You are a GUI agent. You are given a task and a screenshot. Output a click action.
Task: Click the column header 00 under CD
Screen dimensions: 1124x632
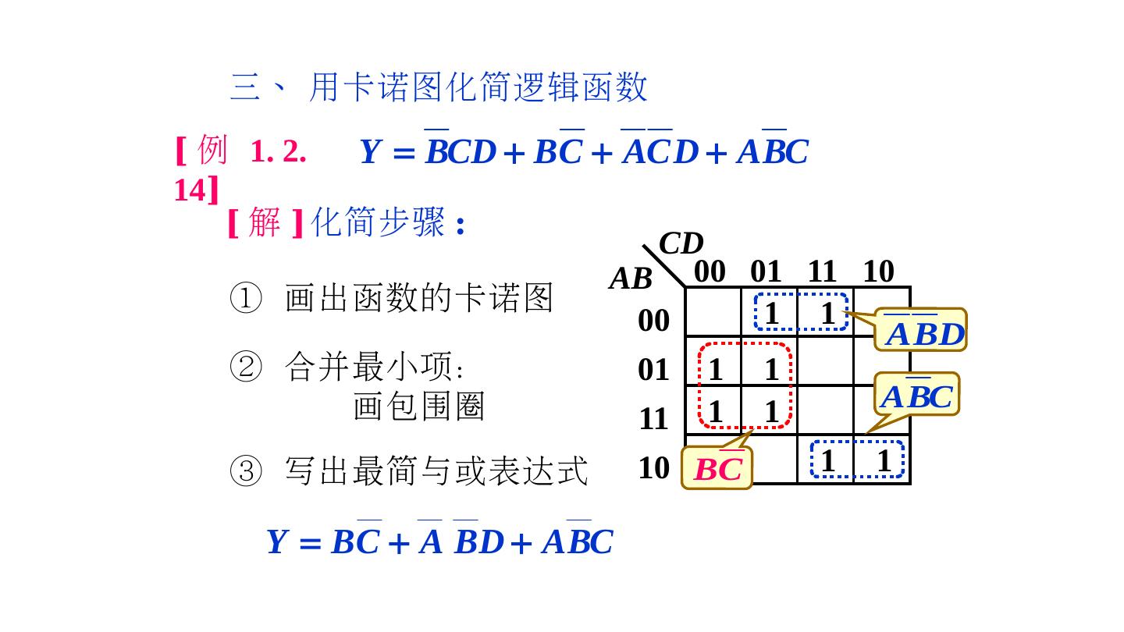tap(710, 272)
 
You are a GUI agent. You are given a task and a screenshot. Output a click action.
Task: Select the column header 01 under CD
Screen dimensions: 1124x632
tap(766, 272)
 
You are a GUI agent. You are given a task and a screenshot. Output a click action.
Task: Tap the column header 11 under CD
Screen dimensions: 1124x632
tap(822, 272)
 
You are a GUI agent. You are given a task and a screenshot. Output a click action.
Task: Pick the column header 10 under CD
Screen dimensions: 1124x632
tap(878, 272)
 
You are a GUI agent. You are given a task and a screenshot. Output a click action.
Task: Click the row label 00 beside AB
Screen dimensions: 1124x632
tap(654, 321)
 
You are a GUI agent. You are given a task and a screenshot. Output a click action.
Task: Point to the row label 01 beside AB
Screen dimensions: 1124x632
tap(654, 370)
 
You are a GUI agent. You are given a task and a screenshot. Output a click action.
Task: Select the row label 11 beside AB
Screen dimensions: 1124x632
tap(654, 419)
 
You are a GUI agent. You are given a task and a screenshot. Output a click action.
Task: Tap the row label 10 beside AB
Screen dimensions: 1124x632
tap(654, 468)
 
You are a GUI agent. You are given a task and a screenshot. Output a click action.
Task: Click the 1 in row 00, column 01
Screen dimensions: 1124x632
tap(772, 314)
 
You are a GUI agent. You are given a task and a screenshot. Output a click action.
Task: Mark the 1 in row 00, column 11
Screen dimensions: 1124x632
tap(827, 314)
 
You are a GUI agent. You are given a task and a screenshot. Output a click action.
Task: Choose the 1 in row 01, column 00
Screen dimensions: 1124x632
tap(715, 369)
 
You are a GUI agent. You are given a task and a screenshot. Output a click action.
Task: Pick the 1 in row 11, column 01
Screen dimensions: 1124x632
tap(772, 412)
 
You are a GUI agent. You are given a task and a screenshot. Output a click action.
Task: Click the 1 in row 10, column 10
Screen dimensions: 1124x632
tap(884, 461)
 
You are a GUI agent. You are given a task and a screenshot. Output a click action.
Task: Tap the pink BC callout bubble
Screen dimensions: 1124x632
tap(717, 468)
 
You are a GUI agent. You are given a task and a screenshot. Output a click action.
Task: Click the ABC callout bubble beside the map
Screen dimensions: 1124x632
tap(916, 396)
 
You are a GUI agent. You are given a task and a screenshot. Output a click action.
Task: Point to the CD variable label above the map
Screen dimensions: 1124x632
tap(681, 244)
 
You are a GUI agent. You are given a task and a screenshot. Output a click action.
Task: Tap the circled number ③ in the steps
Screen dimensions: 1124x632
tap(245, 471)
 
